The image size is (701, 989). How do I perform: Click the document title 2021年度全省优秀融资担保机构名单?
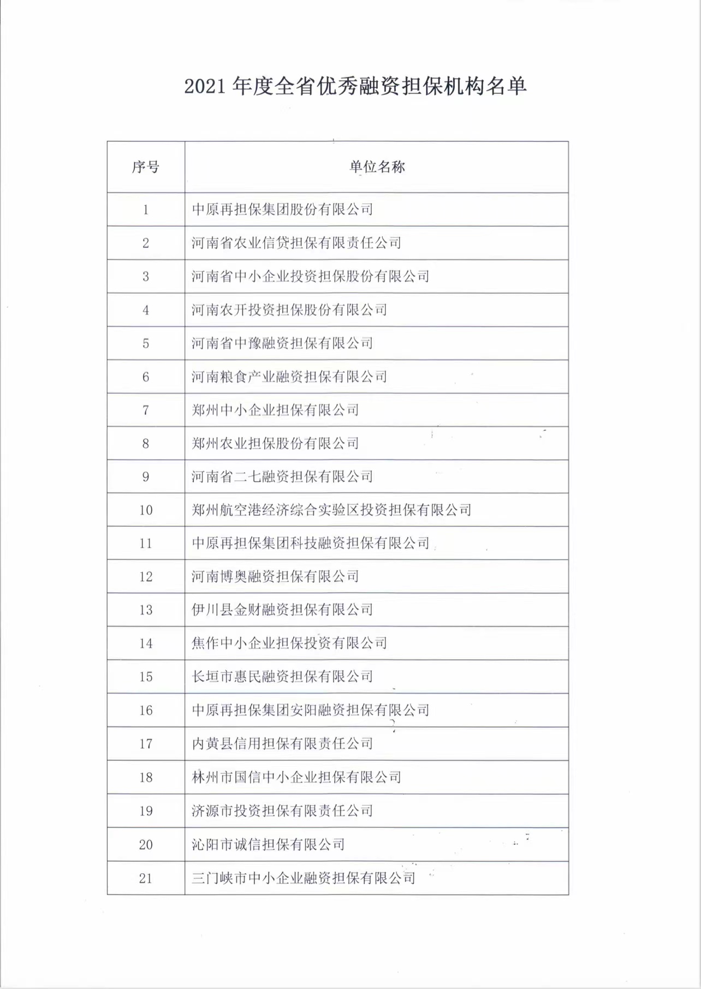tap(355, 87)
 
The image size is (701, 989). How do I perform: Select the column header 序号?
tap(146, 167)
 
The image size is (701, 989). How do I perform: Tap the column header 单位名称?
tap(377, 167)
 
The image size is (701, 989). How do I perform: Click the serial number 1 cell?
tap(146, 210)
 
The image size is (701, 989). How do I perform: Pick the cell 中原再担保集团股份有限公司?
tap(282, 210)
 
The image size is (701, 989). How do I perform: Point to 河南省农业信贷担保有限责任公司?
tap(296, 243)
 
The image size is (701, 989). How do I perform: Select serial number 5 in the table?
tap(146, 343)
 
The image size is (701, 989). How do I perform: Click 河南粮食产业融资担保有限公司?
tap(289, 377)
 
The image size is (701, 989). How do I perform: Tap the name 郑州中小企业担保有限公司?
tap(275, 410)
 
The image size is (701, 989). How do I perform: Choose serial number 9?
tap(146, 477)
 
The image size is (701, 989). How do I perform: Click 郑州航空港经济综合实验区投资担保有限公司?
tap(331, 510)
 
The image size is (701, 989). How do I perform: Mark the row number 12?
tap(146, 577)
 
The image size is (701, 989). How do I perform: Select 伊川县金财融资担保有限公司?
tap(282, 610)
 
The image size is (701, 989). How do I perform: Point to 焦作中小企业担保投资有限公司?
tap(289, 644)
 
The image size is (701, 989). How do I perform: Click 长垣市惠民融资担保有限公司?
tap(282, 677)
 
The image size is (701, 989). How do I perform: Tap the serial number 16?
tap(146, 711)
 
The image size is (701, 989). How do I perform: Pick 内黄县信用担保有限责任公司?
tap(282, 744)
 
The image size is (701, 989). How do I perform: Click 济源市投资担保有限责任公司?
tap(282, 811)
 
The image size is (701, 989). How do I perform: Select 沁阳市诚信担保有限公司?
tap(268, 845)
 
